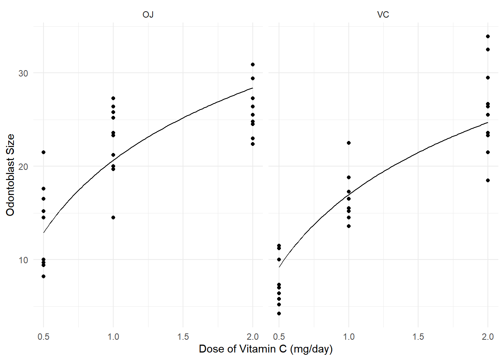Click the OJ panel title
point(148,15)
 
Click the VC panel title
point(383,15)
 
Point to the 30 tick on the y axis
point(23,73)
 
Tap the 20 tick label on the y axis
point(23,166)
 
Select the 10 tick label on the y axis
point(23,260)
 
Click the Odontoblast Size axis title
point(10,175)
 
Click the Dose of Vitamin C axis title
point(265,349)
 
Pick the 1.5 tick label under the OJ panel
point(183,337)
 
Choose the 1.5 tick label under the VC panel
point(418,337)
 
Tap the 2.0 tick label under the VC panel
point(487,337)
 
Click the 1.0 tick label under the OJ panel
point(113,337)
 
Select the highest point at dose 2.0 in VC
point(488,36)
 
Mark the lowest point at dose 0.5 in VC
point(279,313)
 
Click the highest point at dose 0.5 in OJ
point(43,152)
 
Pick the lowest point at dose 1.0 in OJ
point(113,217)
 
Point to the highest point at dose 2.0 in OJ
point(253,64)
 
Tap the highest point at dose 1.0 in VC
point(349,143)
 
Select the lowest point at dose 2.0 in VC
point(488,180)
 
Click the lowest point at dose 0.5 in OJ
point(43,276)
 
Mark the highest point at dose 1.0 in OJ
point(113,98)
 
